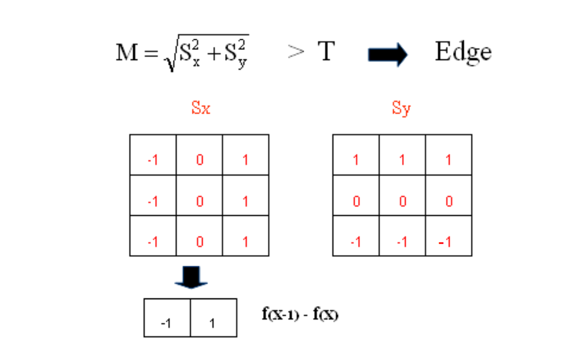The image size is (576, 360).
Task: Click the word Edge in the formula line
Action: pyautogui.click(x=463, y=53)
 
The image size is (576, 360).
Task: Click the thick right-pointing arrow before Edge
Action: pyautogui.click(x=388, y=54)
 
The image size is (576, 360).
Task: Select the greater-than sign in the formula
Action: pyautogui.click(x=296, y=53)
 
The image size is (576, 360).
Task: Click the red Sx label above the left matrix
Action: pyautogui.click(x=201, y=109)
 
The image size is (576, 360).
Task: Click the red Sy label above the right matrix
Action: pyautogui.click(x=402, y=109)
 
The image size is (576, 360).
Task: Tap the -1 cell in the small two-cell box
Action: pyautogui.click(x=167, y=318)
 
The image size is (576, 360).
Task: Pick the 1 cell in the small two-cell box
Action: pyautogui.click(x=213, y=318)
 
